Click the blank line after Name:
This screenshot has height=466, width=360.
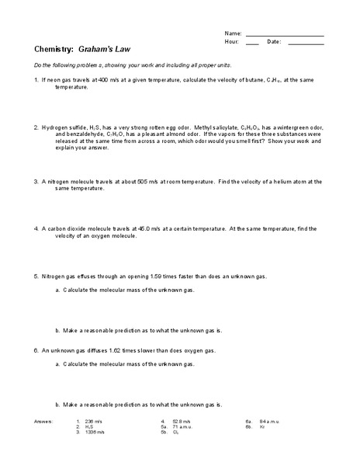tap(285, 35)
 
